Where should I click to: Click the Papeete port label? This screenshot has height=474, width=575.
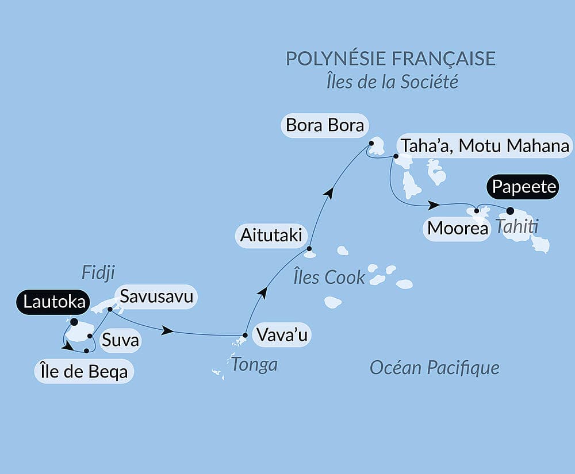(523, 187)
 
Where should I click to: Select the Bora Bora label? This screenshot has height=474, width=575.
(325, 126)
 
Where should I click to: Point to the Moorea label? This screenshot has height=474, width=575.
(457, 229)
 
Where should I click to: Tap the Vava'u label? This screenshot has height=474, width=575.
(282, 335)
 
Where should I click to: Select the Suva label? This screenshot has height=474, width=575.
(120, 341)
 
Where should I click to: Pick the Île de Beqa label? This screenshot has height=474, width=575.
(84, 372)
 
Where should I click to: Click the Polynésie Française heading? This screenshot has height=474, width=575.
(390, 59)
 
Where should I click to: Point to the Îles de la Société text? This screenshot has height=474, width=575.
(392, 82)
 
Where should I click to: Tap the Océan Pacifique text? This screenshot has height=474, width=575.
(434, 368)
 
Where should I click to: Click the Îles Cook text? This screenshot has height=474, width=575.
(329, 278)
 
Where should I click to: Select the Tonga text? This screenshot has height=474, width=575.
(254, 364)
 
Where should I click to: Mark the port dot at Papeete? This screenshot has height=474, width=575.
(510, 210)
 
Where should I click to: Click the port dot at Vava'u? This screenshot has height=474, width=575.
(245, 335)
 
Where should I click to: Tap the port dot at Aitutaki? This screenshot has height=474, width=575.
(309, 249)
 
